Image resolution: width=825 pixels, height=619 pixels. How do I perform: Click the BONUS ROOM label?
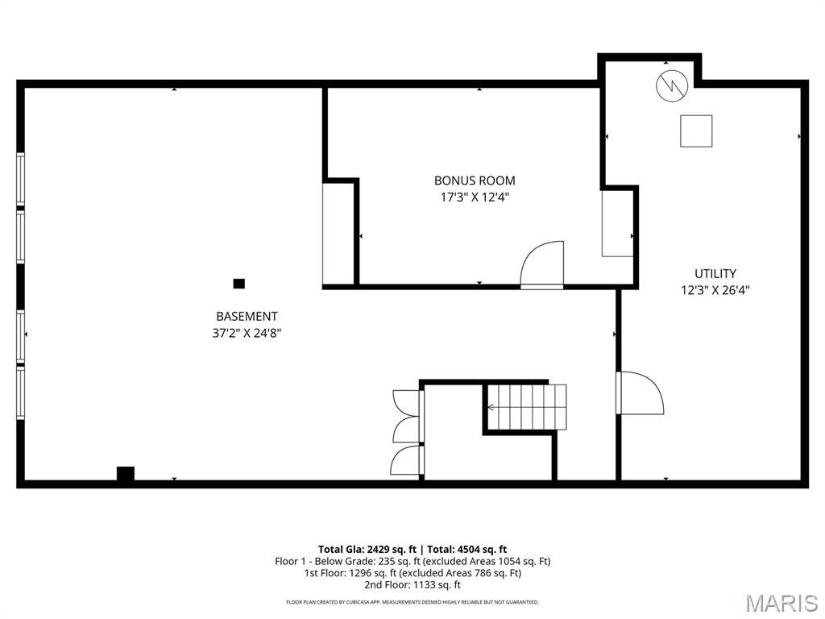(x=475, y=181)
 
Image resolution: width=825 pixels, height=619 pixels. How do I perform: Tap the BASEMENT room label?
(x=247, y=317)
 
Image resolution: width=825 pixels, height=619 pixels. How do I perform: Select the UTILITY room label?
(x=715, y=274)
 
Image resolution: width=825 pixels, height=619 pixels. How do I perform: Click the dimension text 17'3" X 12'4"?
(x=475, y=196)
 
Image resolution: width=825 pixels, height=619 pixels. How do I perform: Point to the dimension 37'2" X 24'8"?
(x=247, y=332)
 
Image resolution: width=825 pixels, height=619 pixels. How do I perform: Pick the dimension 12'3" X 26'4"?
(x=715, y=289)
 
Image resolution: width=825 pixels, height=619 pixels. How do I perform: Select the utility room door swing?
(x=641, y=393)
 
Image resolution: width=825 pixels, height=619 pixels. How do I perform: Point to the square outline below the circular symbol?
(x=696, y=131)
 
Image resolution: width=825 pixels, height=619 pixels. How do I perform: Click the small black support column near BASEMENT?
(x=238, y=283)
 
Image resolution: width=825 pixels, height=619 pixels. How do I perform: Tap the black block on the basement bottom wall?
(x=125, y=473)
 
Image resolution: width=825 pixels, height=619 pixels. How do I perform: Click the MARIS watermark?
(x=781, y=603)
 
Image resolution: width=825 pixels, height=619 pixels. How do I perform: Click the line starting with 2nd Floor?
(x=412, y=585)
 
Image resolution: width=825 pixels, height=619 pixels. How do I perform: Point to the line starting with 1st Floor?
(x=412, y=573)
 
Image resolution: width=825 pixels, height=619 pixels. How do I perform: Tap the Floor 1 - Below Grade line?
(x=412, y=561)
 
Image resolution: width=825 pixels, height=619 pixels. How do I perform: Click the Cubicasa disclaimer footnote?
(x=412, y=602)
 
